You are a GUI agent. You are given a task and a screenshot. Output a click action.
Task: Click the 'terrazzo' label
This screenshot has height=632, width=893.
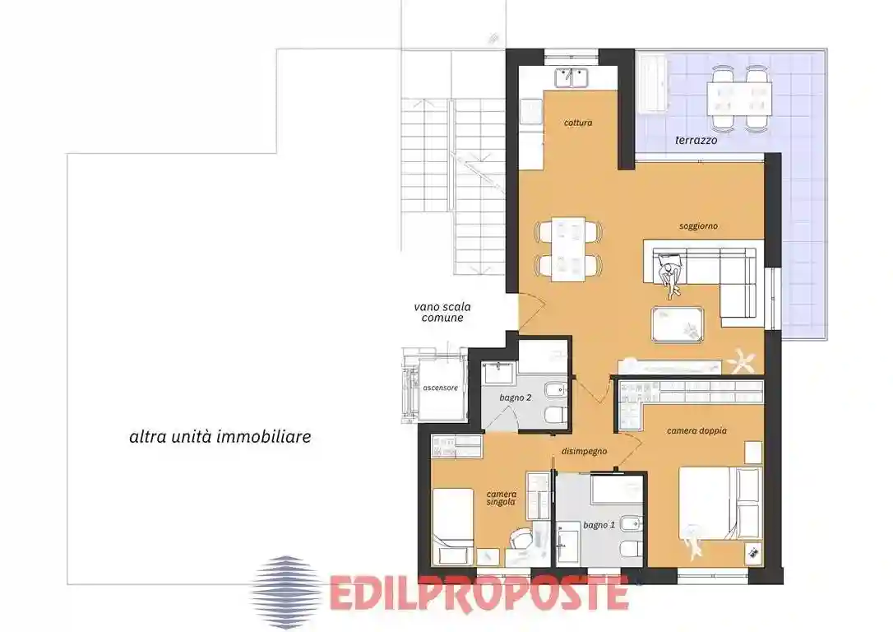tap(696, 141)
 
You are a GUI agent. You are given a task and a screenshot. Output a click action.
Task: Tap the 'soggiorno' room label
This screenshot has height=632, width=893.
tap(698, 225)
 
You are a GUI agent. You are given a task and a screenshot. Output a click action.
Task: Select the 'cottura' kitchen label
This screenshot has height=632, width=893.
tap(578, 123)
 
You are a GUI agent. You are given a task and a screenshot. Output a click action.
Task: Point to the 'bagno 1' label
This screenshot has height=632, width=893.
tap(599, 525)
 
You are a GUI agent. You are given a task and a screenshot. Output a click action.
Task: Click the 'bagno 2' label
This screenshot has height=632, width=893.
tap(516, 397)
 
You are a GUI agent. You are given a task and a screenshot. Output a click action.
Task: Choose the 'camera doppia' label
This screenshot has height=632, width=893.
tap(696, 430)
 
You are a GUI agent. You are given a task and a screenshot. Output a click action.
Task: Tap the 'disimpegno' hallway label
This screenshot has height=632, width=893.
tap(585, 451)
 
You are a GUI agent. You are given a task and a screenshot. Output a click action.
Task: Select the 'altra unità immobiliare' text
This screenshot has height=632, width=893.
tap(220, 437)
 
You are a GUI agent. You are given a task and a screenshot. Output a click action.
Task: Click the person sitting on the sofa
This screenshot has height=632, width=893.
tap(669, 276)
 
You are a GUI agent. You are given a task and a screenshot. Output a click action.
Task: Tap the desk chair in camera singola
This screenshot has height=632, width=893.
tap(521, 539)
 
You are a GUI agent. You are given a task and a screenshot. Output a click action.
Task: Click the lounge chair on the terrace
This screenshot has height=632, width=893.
tap(654, 82)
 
